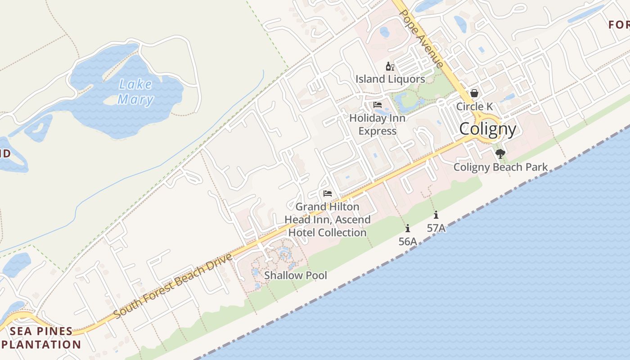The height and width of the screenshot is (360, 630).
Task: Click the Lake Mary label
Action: (x=135, y=92)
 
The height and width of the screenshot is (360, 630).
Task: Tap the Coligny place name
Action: (x=488, y=130)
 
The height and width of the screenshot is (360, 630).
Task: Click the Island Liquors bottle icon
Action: (x=390, y=67)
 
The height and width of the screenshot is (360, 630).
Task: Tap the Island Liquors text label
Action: (x=390, y=79)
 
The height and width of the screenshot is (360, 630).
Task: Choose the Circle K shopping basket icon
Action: (x=474, y=94)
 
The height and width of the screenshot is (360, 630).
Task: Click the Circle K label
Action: (x=475, y=107)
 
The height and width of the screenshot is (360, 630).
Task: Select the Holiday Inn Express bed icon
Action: (x=378, y=105)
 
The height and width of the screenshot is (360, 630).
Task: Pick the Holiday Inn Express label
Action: (x=378, y=125)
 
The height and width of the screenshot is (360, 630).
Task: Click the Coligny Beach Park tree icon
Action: (x=500, y=154)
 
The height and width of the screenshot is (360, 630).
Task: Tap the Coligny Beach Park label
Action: (x=500, y=167)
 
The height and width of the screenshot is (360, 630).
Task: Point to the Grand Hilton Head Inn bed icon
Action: (x=328, y=194)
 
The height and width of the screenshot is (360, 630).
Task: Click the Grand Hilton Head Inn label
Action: (x=328, y=220)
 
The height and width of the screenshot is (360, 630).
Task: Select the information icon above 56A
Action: (x=408, y=228)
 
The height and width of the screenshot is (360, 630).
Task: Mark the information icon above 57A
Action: (x=436, y=215)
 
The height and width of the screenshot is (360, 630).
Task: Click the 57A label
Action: (x=436, y=228)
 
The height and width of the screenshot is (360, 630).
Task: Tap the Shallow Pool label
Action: (x=296, y=275)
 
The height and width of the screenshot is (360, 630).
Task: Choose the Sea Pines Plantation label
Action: (x=41, y=338)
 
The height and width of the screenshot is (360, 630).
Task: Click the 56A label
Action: (x=408, y=242)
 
